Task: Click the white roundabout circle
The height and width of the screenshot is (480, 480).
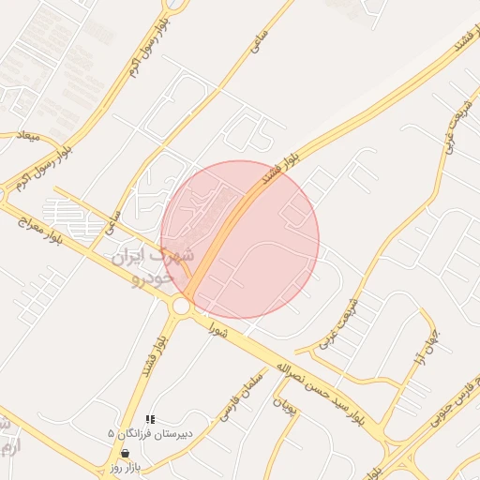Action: coord(181,306)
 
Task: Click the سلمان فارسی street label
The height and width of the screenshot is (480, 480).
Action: coord(224,401)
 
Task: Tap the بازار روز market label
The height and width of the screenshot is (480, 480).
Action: coord(124,467)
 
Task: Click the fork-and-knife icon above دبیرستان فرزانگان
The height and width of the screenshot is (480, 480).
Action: coord(150,419)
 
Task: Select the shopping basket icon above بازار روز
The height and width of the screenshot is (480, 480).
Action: coord(125,453)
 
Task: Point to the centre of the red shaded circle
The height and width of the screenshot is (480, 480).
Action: coord(240,239)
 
